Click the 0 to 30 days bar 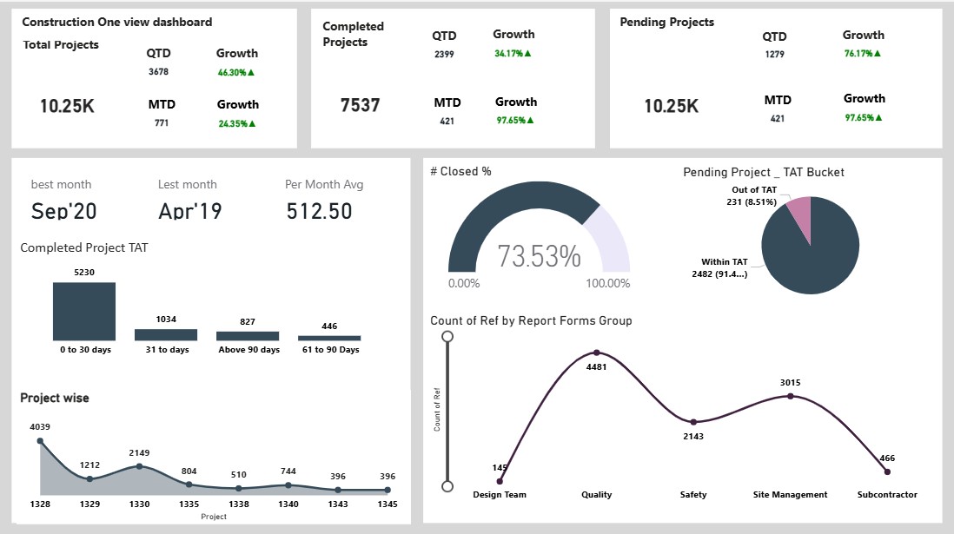point(84,311)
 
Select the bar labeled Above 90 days point(248,335)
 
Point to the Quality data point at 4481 point(597,353)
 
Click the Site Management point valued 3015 point(791,396)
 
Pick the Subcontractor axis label point(886,495)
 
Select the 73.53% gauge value point(539,257)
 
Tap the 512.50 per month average point(319,211)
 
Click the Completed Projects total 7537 point(361,106)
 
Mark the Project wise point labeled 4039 point(40,441)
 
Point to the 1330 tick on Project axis point(139,504)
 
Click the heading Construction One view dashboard point(117,22)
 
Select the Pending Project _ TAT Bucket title point(764,172)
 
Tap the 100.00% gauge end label point(607,283)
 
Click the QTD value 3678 point(158,72)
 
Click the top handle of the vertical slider point(447,336)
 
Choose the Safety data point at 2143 point(693,422)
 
